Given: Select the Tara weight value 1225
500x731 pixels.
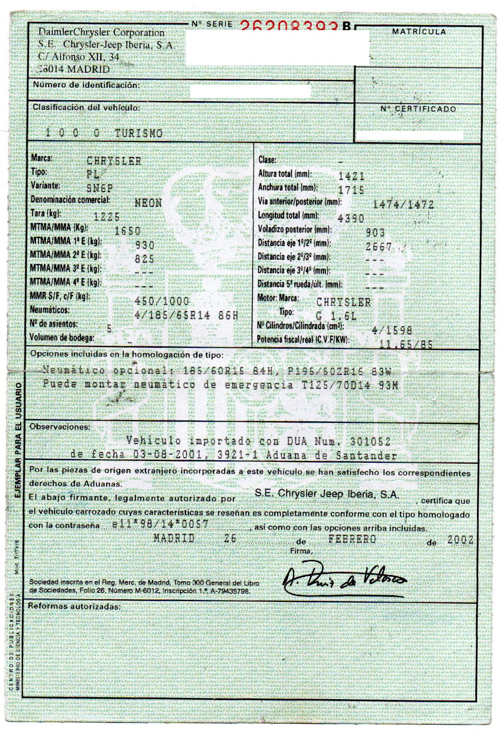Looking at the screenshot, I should [x=106, y=217].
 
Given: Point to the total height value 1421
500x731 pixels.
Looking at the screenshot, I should [x=351, y=176].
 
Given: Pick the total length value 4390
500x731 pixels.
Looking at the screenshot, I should [x=351, y=218].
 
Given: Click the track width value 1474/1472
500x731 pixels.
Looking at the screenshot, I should [x=403, y=205].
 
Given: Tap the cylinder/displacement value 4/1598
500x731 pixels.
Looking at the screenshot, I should [x=391, y=330].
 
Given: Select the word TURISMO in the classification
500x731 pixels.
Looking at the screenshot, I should [x=138, y=133].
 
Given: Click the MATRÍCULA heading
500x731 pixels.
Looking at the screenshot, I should [x=419, y=32].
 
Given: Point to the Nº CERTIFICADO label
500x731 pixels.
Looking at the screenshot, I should [x=418, y=109].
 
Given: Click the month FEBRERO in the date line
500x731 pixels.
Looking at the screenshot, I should [x=352, y=539].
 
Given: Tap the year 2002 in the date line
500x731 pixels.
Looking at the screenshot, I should [x=460, y=540].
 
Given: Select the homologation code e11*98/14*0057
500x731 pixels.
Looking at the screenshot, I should [x=161, y=525].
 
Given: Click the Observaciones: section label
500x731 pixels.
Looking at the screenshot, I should [x=60, y=427].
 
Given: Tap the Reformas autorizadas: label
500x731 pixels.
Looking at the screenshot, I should [x=74, y=606].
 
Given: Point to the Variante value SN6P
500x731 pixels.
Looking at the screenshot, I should [x=99, y=188].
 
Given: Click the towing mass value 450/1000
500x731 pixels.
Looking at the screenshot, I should [x=162, y=301].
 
